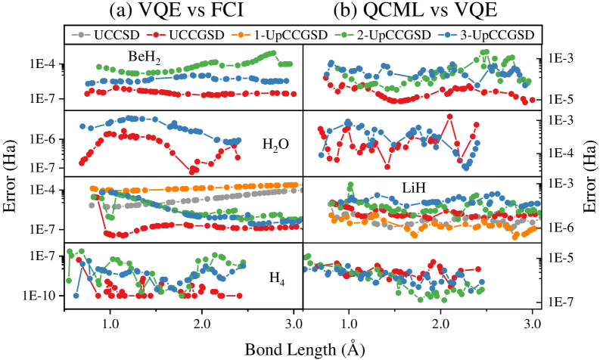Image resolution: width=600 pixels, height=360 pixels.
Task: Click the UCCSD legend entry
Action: tap(105, 35)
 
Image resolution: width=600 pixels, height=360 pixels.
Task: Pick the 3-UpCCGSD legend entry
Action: tap(490, 35)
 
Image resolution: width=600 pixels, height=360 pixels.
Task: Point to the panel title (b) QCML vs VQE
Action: tap(418, 11)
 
